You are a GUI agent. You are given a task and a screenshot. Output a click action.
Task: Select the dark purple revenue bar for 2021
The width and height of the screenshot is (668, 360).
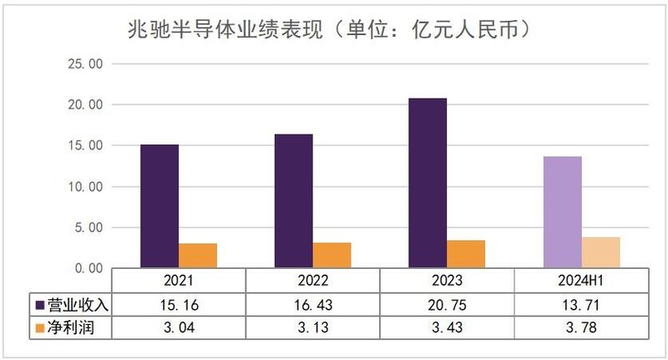click(x=159, y=205)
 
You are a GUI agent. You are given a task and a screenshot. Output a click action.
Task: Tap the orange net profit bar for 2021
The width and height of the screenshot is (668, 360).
click(x=198, y=256)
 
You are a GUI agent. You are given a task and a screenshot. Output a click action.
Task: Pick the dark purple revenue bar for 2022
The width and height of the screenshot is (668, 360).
click(x=294, y=200)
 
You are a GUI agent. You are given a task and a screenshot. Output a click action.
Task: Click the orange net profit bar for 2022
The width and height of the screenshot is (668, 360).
click(x=332, y=255)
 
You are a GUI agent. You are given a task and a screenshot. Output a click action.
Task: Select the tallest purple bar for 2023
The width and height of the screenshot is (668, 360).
click(x=428, y=183)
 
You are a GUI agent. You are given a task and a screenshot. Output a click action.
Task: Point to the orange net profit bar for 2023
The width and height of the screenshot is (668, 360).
click(x=466, y=254)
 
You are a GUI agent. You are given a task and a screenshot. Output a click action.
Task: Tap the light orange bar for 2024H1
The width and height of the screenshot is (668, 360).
click(x=601, y=252)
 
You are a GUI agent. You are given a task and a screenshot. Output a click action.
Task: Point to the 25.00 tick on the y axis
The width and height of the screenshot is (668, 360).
click(x=83, y=64)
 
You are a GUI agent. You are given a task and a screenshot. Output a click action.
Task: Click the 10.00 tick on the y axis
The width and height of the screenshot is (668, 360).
click(x=83, y=186)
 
